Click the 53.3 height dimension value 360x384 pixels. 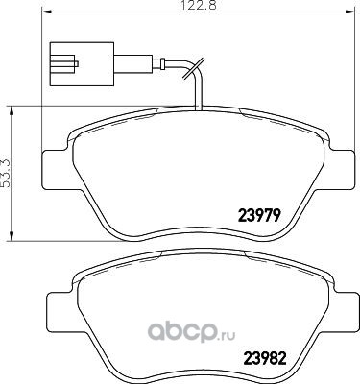tap(7, 173)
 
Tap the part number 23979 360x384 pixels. tap(259, 215)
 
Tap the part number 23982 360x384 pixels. tap(264, 358)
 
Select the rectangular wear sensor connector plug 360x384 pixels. tap(82, 64)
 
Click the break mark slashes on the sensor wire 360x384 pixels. tap(193, 68)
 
